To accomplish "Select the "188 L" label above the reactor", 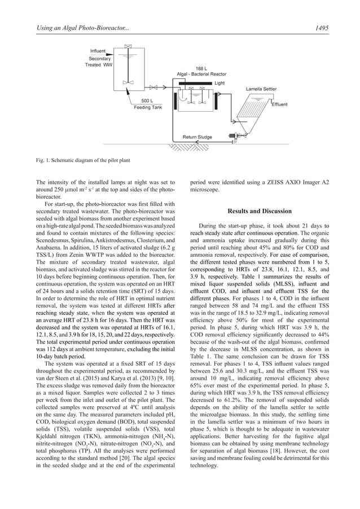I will [x=201, y=68].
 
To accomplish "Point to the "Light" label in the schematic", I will [x=219, y=83].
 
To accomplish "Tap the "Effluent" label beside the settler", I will [x=279, y=104].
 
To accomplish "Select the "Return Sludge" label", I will [x=197, y=137].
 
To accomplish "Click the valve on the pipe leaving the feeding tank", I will [x=131, y=85].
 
